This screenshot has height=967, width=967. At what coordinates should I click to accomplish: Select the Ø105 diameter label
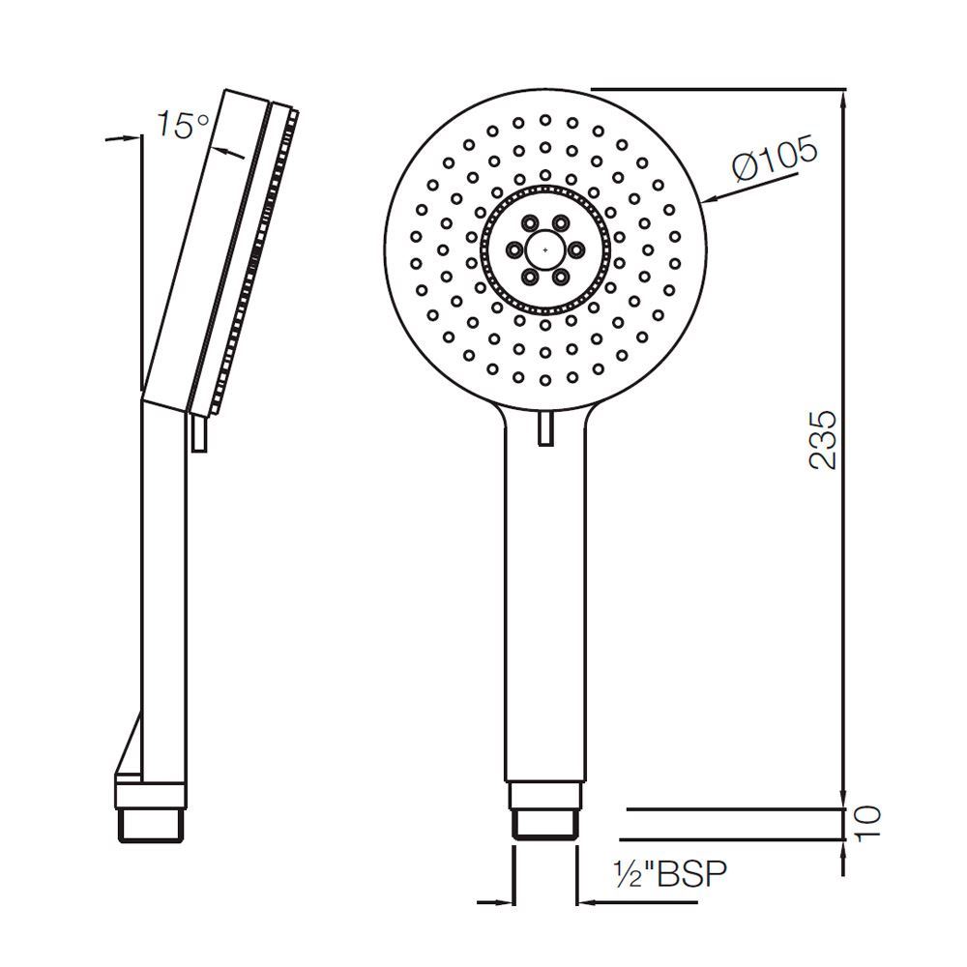pyautogui.click(x=775, y=159)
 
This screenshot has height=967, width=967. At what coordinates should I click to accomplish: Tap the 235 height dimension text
pyautogui.click(x=822, y=440)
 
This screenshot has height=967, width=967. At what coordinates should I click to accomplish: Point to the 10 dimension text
pyautogui.click(x=868, y=822)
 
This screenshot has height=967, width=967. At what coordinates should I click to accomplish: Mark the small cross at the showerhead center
pyautogui.click(x=546, y=250)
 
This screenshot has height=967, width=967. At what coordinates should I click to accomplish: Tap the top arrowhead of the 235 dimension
pyautogui.click(x=845, y=97)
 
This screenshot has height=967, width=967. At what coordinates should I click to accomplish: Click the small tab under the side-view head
pyautogui.click(x=199, y=433)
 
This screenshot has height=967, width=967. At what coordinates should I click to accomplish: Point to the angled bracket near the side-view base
pyautogui.click(x=129, y=754)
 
